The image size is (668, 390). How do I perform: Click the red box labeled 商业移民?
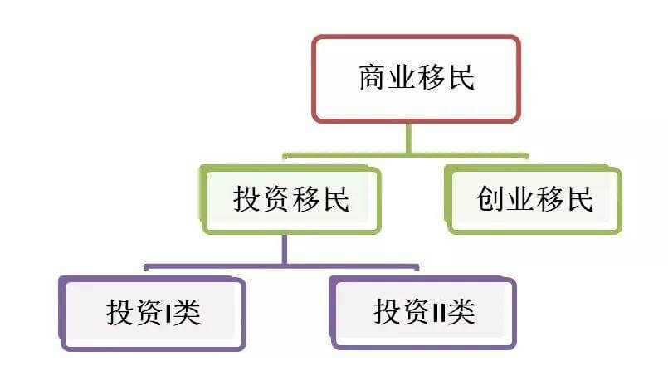pyautogui.click(x=416, y=79)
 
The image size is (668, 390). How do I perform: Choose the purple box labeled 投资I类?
pyautogui.click(x=153, y=314)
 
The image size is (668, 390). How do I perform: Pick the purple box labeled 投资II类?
pyautogui.click(x=423, y=313)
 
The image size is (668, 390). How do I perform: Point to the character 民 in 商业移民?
pyautogui.click(x=461, y=78)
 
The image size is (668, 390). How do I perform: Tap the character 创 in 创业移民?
pyautogui.click(x=491, y=199)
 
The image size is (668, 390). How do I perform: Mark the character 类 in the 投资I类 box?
pyautogui.click(x=188, y=314)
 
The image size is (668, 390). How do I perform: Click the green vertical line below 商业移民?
pyautogui.click(x=407, y=138)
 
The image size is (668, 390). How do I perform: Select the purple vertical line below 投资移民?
pyautogui.click(x=283, y=250)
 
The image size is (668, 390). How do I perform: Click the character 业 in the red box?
pyautogui.click(x=402, y=78)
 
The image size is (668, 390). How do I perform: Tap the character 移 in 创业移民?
pyautogui.click(x=551, y=199)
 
